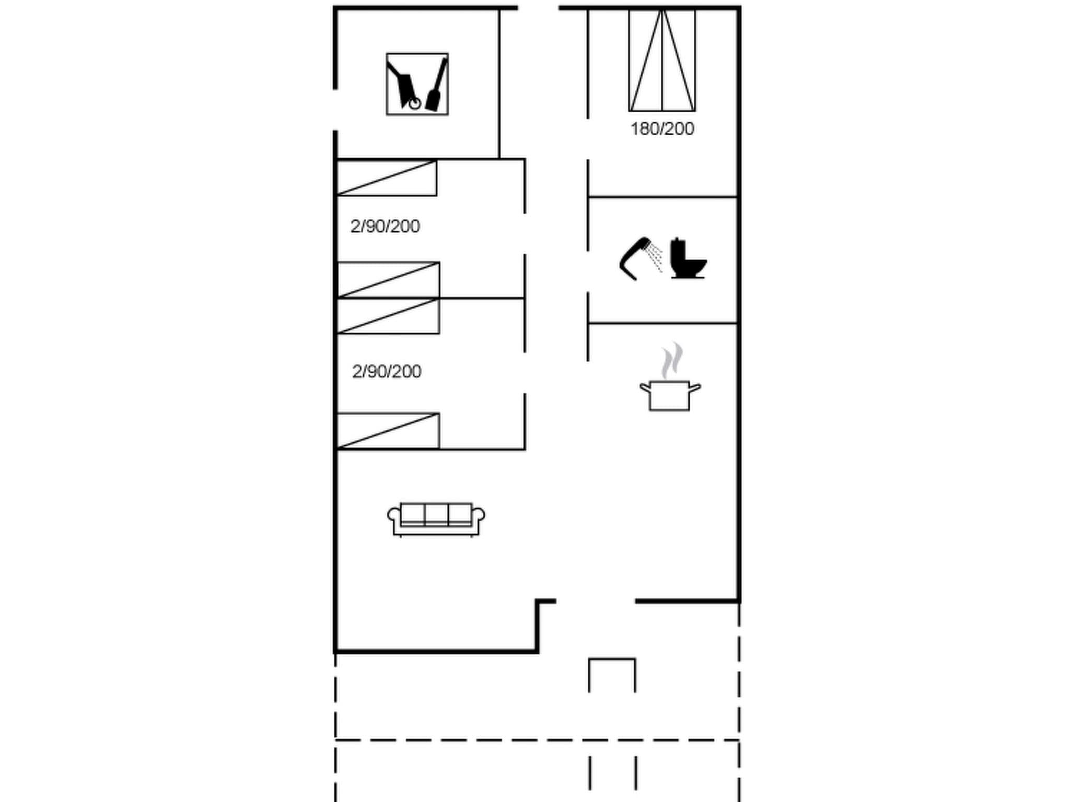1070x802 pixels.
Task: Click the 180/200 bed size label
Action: [x=662, y=129]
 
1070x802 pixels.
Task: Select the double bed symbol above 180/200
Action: [x=662, y=60]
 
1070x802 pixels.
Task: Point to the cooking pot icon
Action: [x=670, y=395]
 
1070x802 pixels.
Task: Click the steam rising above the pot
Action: [x=671, y=360]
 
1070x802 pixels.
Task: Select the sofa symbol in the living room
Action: [x=436, y=519]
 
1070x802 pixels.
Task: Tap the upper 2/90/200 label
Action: [x=385, y=227]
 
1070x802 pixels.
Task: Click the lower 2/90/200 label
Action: [x=387, y=372]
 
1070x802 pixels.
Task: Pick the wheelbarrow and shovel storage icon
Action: [x=417, y=84]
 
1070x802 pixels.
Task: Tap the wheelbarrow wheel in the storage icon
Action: [x=415, y=104]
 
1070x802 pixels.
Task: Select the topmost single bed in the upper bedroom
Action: [x=387, y=178]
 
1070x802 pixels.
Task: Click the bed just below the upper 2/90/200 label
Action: [x=388, y=280]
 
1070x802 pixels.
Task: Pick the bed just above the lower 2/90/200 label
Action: [x=388, y=316]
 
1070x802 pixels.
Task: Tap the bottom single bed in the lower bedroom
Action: [x=388, y=431]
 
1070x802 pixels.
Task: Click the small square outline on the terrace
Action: [x=612, y=675]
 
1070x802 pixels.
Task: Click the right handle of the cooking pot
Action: [x=695, y=387]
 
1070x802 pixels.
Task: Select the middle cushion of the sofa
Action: [x=436, y=514]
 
